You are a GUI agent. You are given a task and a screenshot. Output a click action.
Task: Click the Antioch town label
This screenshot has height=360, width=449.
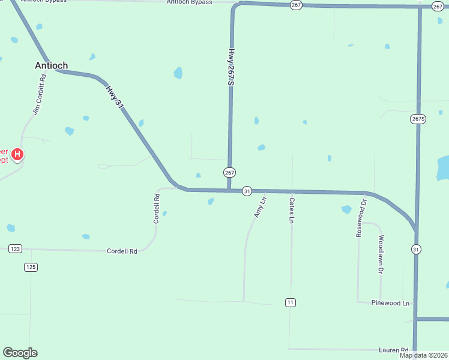click(x=51, y=65)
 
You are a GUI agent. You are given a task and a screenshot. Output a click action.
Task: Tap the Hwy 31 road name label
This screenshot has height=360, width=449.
click(x=115, y=97)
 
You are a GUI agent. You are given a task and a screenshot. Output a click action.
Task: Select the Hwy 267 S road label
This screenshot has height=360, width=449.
click(x=231, y=67)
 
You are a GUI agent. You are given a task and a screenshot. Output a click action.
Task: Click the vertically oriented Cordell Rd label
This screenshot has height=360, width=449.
click(x=157, y=209)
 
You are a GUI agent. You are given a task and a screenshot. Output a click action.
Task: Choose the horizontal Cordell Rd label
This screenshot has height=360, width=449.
click(x=122, y=251)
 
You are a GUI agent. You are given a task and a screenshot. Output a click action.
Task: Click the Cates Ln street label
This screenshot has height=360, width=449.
click(x=291, y=211)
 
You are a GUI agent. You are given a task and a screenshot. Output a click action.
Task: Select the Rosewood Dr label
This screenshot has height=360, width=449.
click(x=361, y=218)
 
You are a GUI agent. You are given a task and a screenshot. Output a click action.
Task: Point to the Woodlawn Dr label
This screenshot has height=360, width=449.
click(x=381, y=254)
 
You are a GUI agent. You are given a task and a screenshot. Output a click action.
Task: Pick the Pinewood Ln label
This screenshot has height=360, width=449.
click(x=390, y=303)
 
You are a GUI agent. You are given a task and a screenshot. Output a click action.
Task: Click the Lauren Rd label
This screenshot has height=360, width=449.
click(x=393, y=350)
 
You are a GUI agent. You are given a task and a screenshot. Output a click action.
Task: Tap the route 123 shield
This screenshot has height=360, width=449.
click(x=16, y=248)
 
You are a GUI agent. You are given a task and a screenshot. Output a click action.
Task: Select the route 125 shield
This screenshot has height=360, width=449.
click(x=31, y=266)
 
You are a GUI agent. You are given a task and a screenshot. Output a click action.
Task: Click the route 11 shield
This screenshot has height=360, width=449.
click(x=291, y=302)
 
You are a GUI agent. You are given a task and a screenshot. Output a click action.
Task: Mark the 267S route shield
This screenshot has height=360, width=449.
click(x=418, y=118)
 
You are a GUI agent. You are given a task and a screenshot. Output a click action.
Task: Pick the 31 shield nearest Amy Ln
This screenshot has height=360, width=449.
click(x=247, y=191)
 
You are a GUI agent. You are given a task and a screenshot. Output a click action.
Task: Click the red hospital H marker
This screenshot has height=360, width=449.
click(x=18, y=155)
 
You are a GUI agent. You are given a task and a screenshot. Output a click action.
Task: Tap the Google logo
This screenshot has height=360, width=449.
click(x=20, y=353)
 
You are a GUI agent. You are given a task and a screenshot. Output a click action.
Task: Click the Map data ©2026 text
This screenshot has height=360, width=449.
click(x=423, y=355)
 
